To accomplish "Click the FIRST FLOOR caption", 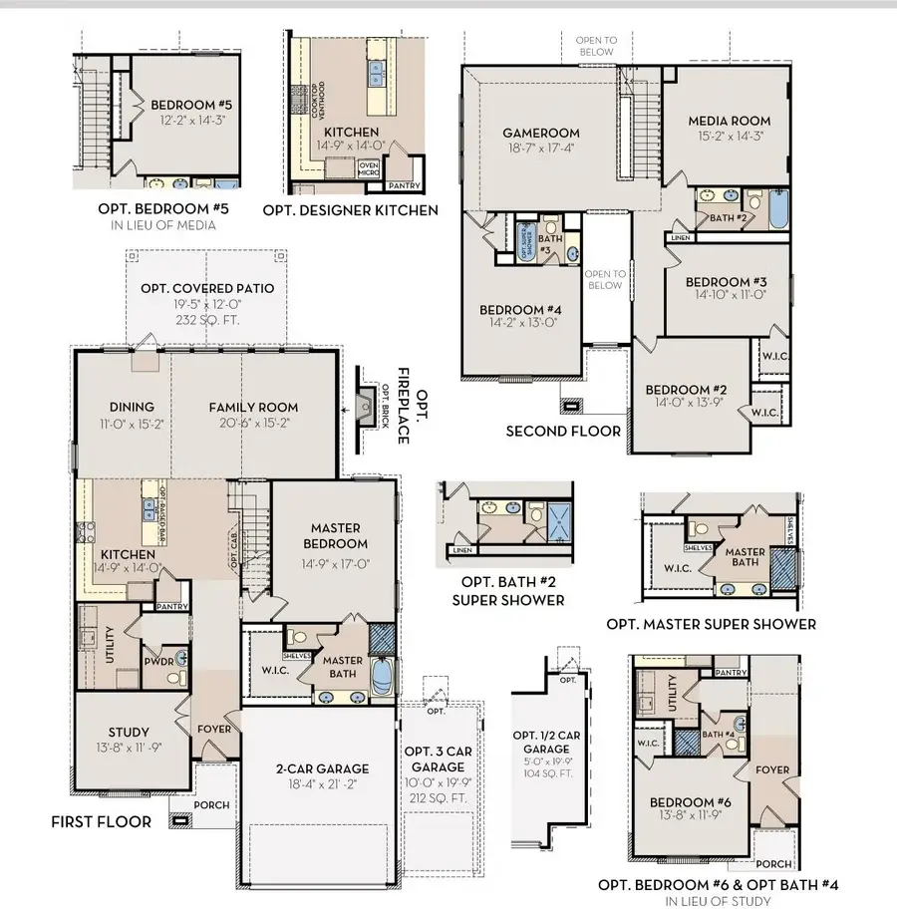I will [x=102, y=822].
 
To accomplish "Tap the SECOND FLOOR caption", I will [x=563, y=432].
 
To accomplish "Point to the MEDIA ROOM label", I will [x=729, y=122].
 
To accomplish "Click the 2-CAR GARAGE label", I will [x=322, y=768].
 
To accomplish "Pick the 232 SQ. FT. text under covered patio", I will [x=207, y=322].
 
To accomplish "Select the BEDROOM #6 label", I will [x=683, y=802].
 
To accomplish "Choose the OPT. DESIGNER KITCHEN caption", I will [x=350, y=210].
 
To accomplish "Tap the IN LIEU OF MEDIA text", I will [x=163, y=226].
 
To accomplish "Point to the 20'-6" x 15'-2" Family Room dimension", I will [x=253, y=423].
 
